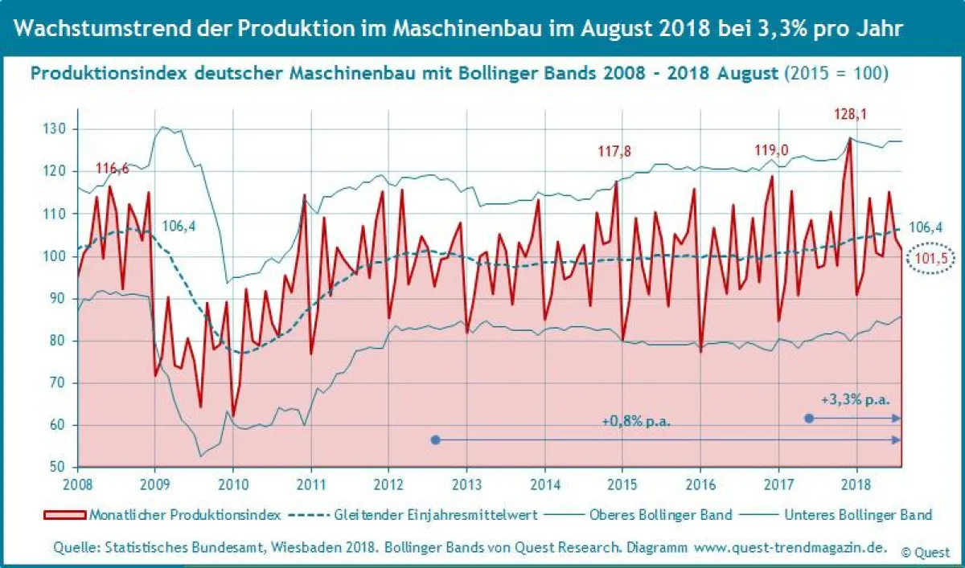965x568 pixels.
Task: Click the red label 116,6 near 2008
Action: pos(113,169)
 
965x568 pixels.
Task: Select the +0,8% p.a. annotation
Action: pos(636,421)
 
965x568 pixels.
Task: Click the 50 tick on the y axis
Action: pos(59,467)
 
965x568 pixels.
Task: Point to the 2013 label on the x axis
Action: pos(466,484)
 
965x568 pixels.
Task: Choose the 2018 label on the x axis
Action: pos(856,484)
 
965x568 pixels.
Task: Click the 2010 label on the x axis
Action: pos(232,484)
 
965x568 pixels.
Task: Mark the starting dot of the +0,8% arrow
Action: pos(436,439)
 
